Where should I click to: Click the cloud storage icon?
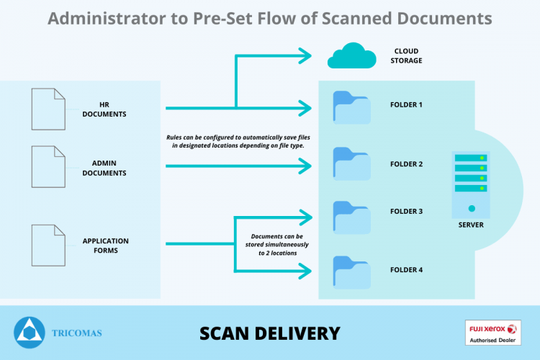point(351,56)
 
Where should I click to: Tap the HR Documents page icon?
point(48,109)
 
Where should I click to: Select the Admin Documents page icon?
point(48,167)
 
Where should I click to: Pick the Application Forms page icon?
point(48,246)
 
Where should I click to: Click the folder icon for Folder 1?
point(351,107)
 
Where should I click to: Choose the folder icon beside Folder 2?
point(351,164)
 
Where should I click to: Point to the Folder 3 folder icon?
point(351,217)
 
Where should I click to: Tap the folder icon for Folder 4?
point(351,272)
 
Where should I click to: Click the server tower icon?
point(471,184)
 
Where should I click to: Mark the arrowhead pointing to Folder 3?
point(306,217)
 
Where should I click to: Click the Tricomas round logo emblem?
point(30,333)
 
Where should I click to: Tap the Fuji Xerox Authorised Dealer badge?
point(492,333)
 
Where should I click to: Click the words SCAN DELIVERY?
point(270,333)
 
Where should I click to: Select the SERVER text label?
point(471,225)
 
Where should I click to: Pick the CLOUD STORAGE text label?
point(406,56)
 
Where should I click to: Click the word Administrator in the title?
point(107,19)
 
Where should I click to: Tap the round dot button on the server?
point(472,208)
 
